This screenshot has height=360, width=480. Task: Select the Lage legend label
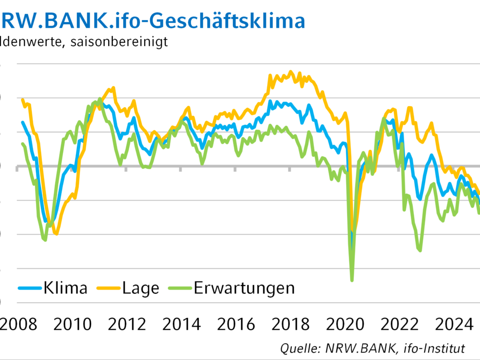click(x=141, y=288)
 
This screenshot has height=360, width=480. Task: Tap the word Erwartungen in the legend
click(x=244, y=288)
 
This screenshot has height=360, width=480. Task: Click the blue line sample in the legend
click(x=30, y=288)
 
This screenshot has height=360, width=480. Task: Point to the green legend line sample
click(x=180, y=288)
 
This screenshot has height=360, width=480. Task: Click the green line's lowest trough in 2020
click(x=352, y=281)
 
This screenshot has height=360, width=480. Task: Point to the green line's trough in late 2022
click(x=420, y=251)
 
